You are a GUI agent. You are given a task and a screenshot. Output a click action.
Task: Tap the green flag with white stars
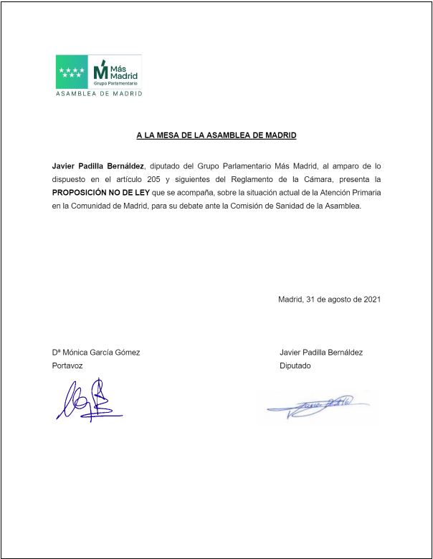pos(72,72)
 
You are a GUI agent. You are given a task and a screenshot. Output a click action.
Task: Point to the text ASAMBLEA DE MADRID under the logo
pos(99,94)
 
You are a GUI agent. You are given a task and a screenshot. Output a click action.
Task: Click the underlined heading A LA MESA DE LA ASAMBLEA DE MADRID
pos(217,135)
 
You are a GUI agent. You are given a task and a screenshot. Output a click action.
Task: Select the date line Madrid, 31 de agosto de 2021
pos(329,300)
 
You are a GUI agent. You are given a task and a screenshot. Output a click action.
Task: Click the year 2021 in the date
pos(371,300)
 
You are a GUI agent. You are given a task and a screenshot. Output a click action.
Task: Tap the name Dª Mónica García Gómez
pos(95,353)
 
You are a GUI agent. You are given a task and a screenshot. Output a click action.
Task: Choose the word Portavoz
pos(67,365)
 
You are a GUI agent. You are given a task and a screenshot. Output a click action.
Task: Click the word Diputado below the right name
pos(295,365)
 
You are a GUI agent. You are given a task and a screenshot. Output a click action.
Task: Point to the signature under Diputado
pos(319,407)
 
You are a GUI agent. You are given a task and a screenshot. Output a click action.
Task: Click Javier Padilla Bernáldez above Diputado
pos(321,353)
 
